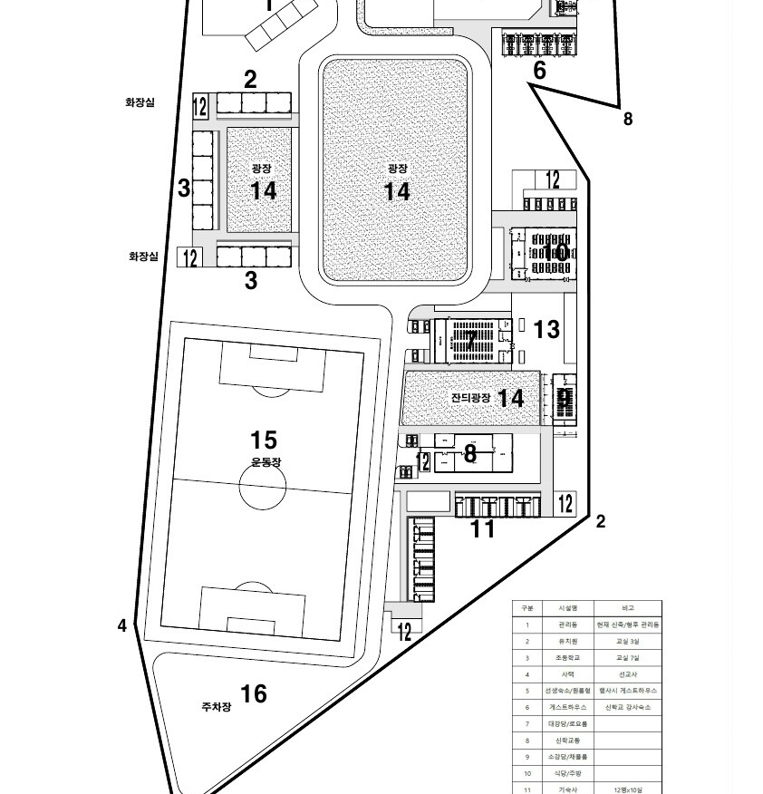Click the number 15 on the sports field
click(x=264, y=441)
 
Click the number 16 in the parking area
click(x=254, y=693)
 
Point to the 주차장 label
click(x=217, y=706)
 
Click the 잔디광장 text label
click(x=470, y=399)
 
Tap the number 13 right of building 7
click(x=546, y=330)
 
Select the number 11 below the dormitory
click(x=482, y=529)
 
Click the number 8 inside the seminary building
click(x=469, y=453)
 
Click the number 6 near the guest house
click(x=539, y=70)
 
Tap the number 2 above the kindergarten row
click(x=250, y=80)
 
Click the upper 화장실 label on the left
click(x=140, y=103)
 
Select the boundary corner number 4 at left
click(x=121, y=625)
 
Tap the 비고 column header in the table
click(x=628, y=608)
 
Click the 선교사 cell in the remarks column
click(x=628, y=673)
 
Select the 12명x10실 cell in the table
click(x=628, y=789)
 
